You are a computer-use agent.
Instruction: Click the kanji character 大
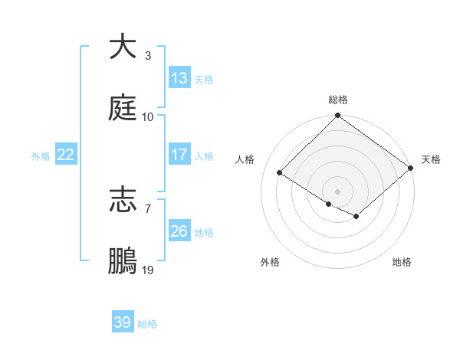point(123,47)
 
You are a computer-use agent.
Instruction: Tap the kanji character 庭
point(123,108)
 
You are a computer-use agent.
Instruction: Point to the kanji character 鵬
point(123,261)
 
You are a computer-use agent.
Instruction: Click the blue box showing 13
point(179,78)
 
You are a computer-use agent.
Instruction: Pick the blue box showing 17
point(179,155)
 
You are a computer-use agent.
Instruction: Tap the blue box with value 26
point(179,231)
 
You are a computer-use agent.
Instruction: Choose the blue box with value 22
point(66,155)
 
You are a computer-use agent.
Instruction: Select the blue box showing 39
point(123,322)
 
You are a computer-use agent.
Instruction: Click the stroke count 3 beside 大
point(147,56)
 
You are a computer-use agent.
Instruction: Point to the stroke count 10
point(148,117)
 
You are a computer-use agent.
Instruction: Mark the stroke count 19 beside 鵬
point(148,270)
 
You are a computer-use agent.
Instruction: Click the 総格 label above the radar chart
point(338,100)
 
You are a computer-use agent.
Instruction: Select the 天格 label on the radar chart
point(431,159)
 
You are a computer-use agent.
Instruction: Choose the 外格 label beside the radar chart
point(269,262)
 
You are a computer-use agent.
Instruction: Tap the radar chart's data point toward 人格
point(280,172)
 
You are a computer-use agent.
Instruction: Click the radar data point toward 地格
point(356,217)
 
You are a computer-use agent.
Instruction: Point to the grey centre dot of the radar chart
point(338,191)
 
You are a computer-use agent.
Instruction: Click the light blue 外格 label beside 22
point(41,155)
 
